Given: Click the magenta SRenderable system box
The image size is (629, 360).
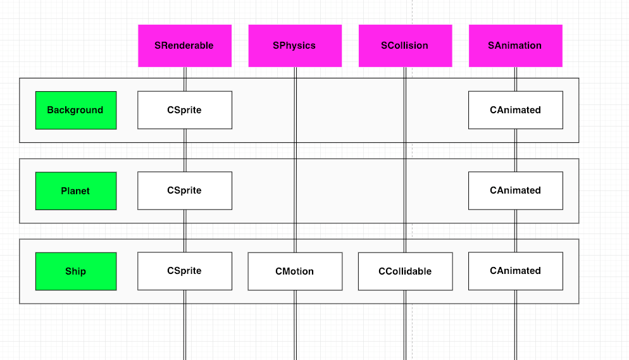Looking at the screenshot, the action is pyautogui.click(x=185, y=46).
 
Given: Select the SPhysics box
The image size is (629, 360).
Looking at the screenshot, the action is pyautogui.click(x=295, y=46).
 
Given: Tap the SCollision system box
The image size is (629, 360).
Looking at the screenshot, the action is pyautogui.click(x=405, y=46).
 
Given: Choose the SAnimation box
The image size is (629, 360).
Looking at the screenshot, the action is pyautogui.click(x=516, y=46).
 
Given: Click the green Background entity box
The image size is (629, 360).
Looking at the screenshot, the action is pyautogui.click(x=76, y=110).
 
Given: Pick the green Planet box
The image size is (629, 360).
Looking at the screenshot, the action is pyautogui.click(x=76, y=191).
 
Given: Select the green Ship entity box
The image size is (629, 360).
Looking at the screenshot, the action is pyautogui.click(x=76, y=271).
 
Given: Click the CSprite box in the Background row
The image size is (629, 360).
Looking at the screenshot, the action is pyautogui.click(x=185, y=110).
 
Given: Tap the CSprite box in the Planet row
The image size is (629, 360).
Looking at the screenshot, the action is pyautogui.click(x=185, y=190).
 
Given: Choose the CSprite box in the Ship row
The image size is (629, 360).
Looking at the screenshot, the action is pyautogui.click(x=185, y=271).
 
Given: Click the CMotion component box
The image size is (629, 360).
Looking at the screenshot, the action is pyautogui.click(x=295, y=271).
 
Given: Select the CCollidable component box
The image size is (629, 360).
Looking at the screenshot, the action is pyautogui.click(x=405, y=271).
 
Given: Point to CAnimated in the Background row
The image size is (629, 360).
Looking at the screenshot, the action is pyautogui.click(x=516, y=110).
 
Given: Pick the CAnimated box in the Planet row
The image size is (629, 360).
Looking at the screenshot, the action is pyautogui.click(x=516, y=190).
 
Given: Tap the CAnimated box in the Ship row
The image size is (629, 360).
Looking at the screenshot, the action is pyautogui.click(x=516, y=271).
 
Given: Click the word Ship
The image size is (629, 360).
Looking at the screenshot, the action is pyautogui.click(x=75, y=271).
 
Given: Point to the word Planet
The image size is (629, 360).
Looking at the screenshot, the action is pyautogui.click(x=75, y=191).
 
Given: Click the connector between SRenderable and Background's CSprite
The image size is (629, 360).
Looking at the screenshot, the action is pyautogui.click(x=185, y=79).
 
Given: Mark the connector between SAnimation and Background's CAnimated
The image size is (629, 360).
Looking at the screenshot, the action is pyautogui.click(x=516, y=79).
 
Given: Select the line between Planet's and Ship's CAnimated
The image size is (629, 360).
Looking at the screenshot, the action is pyautogui.click(x=516, y=231).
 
